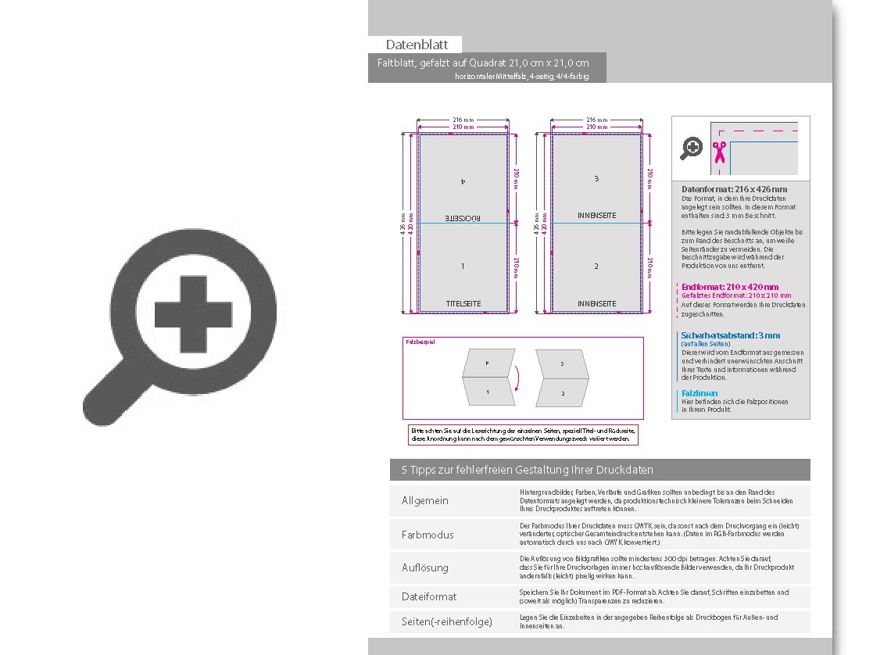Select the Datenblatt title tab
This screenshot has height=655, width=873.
(415, 45)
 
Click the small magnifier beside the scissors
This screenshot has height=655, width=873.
(692, 148)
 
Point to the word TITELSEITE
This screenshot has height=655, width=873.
(463, 303)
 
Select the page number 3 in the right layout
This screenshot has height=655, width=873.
(596, 179)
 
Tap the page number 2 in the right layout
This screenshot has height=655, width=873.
(596, 267)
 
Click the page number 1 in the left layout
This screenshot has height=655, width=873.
(463, 267)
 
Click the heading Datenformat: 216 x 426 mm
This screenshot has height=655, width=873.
(734, 189)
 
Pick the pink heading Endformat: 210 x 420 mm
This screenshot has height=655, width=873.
(730, 287)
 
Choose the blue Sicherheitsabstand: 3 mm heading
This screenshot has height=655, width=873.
(730, 335)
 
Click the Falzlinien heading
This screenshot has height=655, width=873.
(699, 393)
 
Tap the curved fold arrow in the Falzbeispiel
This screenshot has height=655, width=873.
(514, 381)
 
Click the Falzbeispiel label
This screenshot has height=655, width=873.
(420, 342)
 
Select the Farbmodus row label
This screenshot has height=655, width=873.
(428, 535)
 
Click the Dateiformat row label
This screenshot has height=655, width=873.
(429, 596)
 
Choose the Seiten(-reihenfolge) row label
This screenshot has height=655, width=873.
(447, 622)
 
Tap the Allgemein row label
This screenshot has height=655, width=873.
(425, 500)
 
